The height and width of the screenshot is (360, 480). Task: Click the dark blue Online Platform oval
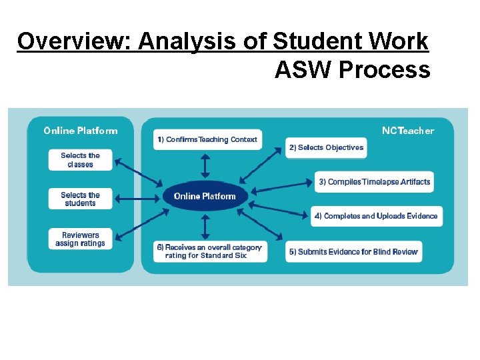205,196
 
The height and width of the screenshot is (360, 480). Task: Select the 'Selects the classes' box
80,160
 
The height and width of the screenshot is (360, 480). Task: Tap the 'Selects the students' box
80,199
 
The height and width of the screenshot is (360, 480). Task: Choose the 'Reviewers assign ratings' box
80,239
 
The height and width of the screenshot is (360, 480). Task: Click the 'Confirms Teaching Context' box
206,140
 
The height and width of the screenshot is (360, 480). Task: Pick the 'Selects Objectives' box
327,147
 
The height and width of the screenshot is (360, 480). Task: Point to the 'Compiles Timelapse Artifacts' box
374,182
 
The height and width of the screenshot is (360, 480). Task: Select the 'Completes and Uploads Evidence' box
376,216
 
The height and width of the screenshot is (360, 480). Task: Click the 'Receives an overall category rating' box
209,251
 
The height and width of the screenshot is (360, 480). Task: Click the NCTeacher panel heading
407,131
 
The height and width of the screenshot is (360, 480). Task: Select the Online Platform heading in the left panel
80,131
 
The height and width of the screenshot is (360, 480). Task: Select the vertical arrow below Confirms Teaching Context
205,166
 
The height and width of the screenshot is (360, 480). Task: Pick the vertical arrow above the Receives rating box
205,226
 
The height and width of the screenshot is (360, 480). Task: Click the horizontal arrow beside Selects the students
138,199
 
